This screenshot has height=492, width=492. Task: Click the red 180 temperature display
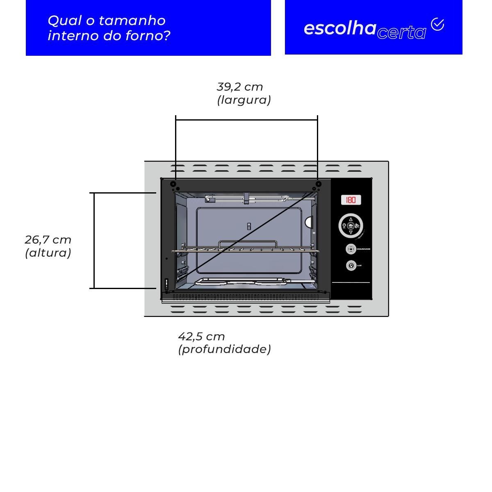pos(351,200)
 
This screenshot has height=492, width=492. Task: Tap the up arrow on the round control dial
pos(351,219)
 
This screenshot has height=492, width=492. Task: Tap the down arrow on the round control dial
pos(351,232)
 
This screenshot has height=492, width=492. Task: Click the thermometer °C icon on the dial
pos(357,225)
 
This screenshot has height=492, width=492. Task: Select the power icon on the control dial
pos(344,225)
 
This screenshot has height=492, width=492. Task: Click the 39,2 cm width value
pos(240,87)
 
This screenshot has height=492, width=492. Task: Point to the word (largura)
pos(244,100)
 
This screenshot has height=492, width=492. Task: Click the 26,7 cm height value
pos(48,239)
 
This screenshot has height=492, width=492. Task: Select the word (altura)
pos(48,253)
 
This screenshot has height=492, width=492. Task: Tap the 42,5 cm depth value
pos(201,337)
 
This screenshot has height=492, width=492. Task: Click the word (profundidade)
pos(224,349)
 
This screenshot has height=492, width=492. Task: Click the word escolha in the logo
pos(340,28)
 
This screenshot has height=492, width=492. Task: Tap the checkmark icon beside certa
pos(437,25)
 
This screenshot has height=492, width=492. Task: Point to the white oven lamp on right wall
pos(308,222)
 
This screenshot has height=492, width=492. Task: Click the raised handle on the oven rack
pos(246,243)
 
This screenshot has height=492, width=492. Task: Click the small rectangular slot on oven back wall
pos(248,226)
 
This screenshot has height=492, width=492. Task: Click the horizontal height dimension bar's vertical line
pos(94,241)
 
